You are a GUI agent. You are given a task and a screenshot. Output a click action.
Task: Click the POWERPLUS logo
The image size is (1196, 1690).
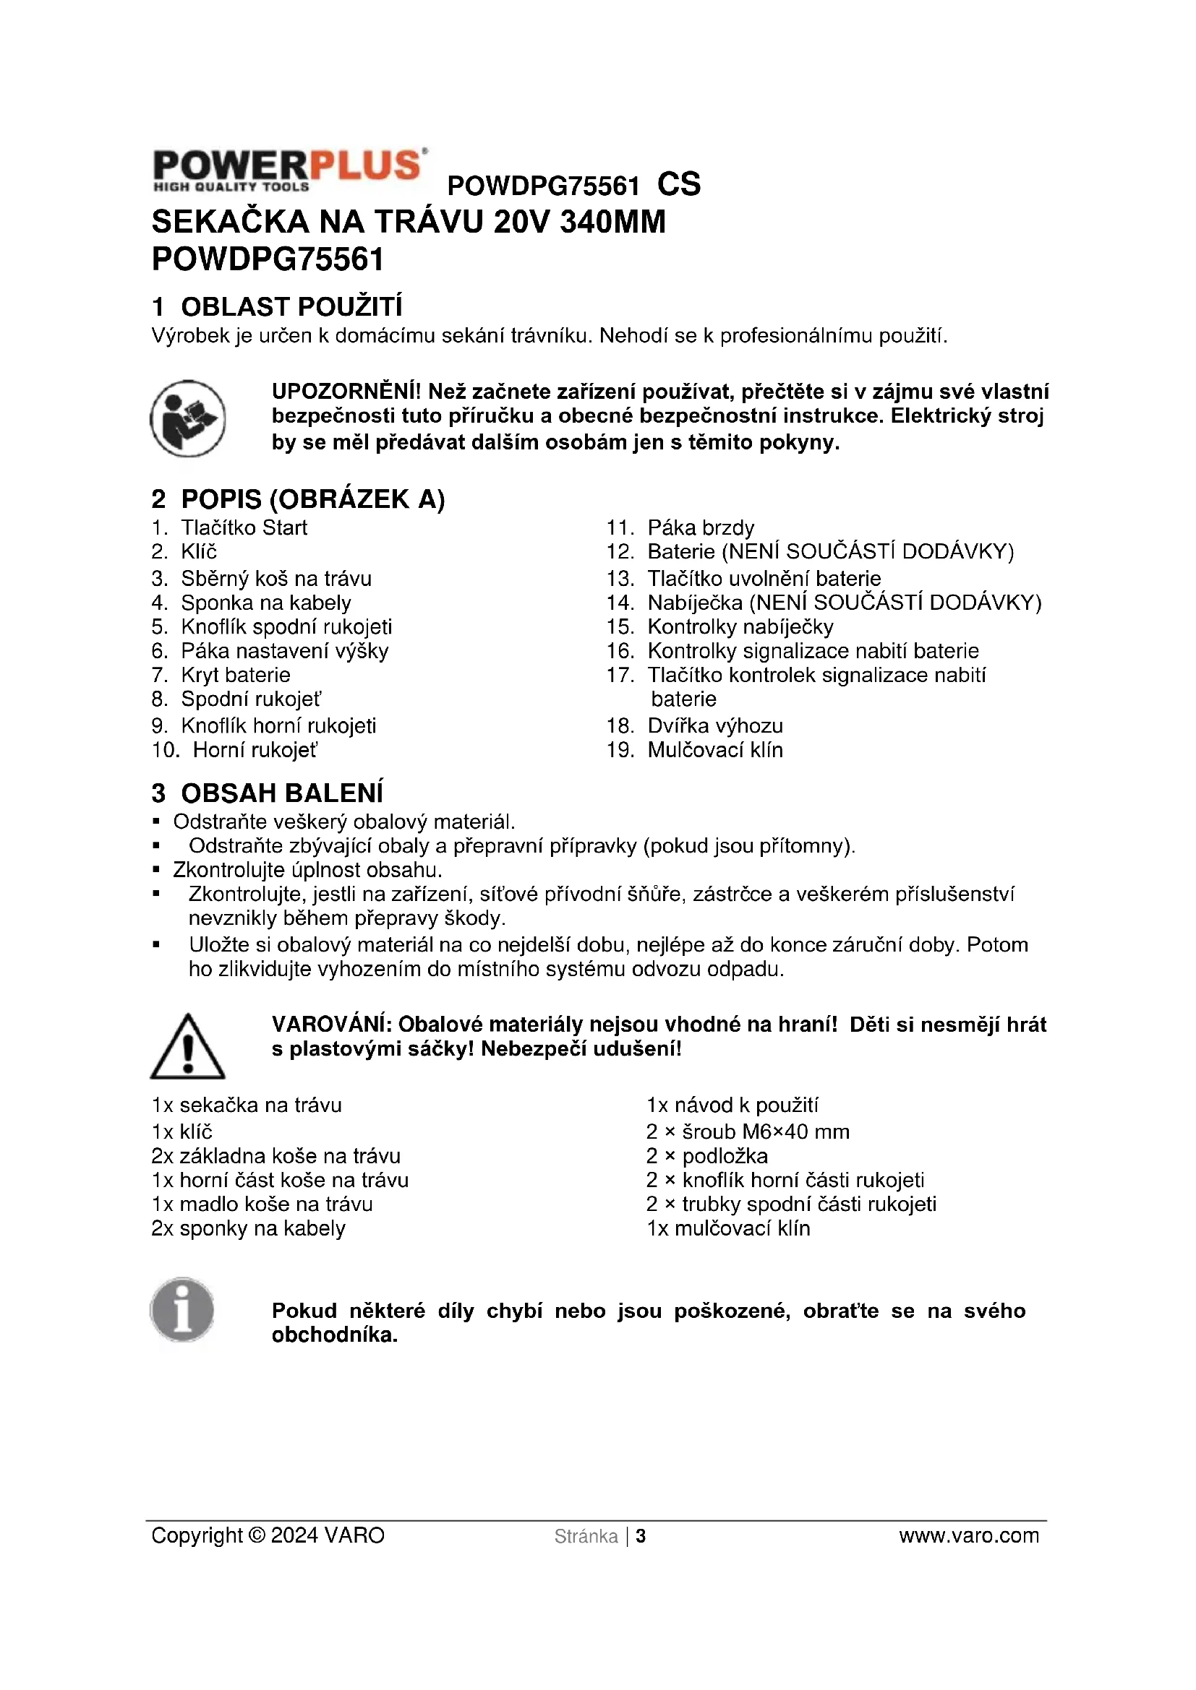click(289, 170)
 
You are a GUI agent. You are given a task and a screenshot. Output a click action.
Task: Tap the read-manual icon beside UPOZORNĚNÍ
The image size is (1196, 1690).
click(188, 418)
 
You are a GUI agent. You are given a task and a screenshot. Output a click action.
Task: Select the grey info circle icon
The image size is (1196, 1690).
click(182, 1310)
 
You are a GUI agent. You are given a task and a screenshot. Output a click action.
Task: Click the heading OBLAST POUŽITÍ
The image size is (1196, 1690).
click(291, 306)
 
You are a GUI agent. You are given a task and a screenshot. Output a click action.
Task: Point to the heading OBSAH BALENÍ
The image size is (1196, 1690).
click(281, 793)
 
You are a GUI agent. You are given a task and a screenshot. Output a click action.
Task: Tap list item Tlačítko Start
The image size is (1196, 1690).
click(244, 527)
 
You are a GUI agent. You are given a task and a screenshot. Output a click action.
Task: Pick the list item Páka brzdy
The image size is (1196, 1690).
click(701, 527)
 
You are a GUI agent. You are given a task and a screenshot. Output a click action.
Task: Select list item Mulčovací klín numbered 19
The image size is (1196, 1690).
click(714, 750)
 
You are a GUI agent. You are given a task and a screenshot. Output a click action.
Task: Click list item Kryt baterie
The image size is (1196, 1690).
click(236, 675)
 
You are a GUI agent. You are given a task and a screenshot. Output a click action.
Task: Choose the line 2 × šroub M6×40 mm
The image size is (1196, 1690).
click(748, 1131)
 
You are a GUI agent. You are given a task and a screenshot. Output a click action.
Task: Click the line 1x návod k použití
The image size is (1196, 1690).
click(732, 1105)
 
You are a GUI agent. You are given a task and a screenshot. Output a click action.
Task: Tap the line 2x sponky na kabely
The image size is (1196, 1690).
click(248, 1228)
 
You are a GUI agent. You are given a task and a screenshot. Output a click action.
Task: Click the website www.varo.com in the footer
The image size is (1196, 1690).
click(968, 1535)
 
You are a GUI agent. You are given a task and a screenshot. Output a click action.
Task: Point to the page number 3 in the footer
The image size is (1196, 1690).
click(641, 1536)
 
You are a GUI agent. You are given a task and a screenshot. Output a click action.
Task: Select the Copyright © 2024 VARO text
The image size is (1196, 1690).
click(268, 1535)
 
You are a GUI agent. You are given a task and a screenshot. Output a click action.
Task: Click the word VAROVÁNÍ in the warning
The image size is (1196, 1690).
click(330, 1025)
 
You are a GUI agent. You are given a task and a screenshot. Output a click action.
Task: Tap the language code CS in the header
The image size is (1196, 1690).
click(678, 185)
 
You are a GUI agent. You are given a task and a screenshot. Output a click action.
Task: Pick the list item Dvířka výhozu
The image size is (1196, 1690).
click(714, 725)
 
